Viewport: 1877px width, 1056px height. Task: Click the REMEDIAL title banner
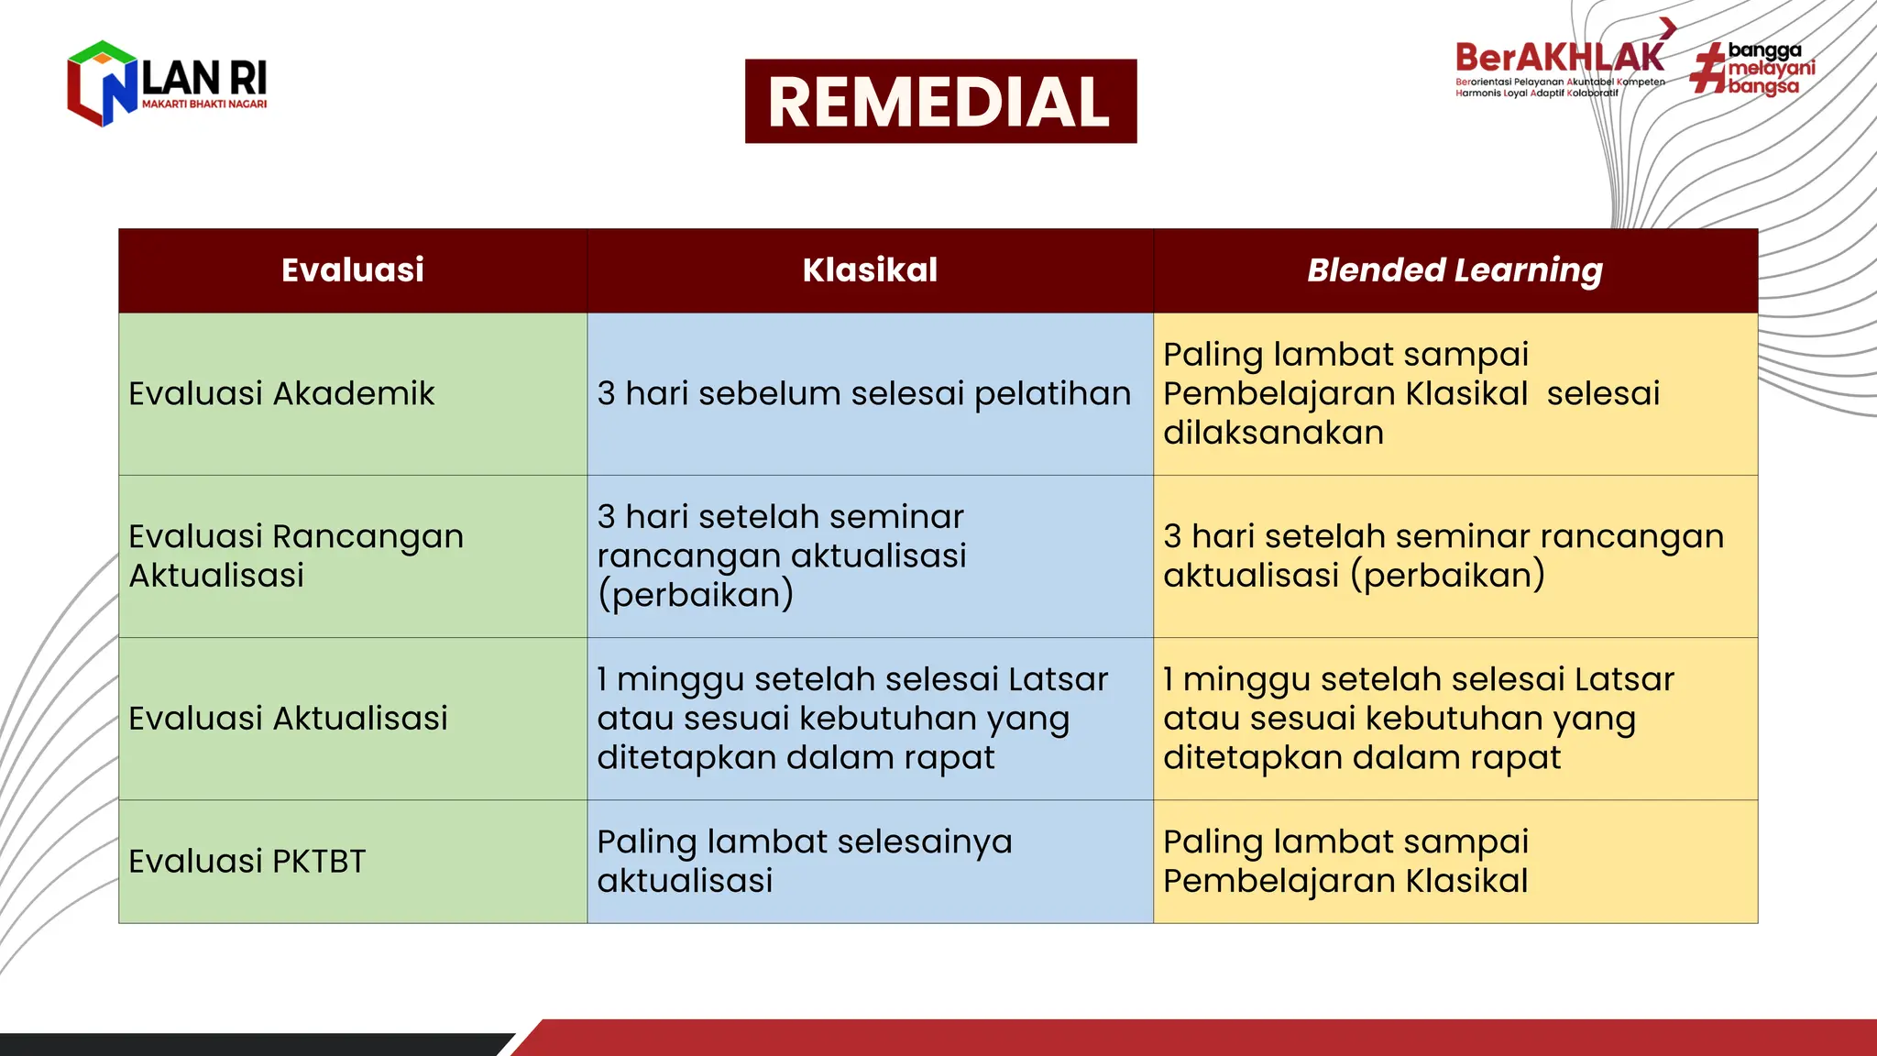940,101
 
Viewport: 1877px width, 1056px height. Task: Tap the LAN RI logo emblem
102,83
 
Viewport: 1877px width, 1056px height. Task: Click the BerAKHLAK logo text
1559,59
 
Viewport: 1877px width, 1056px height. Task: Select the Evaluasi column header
353,270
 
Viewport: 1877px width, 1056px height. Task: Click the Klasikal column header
870,270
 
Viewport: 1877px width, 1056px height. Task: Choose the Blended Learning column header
1454,270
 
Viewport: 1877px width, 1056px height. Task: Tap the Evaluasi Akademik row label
281,393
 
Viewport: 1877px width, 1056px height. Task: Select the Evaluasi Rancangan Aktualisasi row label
296,555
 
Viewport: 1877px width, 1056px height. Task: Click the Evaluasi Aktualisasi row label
288,718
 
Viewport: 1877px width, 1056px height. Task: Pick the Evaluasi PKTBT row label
247,861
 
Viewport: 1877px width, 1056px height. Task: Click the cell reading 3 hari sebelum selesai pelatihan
863,393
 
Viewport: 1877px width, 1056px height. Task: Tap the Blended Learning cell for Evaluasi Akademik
1411,393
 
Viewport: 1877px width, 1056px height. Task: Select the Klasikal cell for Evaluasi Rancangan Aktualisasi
782,555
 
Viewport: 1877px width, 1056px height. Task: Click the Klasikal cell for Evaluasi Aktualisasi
852,718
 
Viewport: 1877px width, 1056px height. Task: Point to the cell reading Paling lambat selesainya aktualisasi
805,861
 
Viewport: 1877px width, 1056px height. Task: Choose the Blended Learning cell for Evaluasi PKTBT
1345,861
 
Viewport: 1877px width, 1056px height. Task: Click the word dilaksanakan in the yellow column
1273,433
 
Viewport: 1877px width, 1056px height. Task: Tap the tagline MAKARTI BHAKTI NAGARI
204,104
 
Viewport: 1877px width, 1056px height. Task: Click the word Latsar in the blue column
1058,679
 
